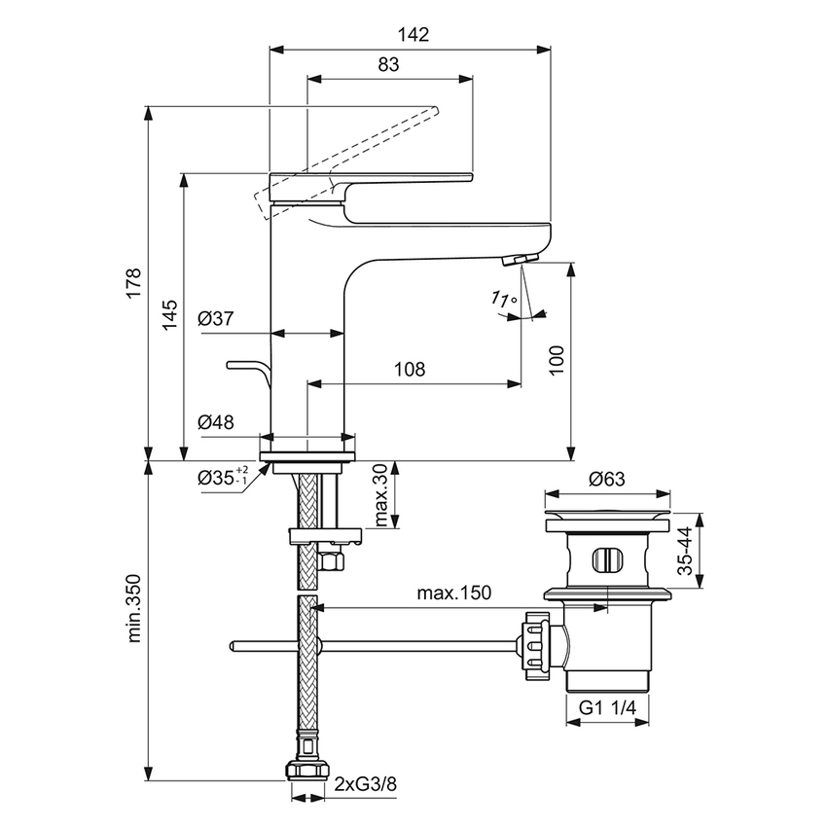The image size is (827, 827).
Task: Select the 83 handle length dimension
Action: click(388, 65)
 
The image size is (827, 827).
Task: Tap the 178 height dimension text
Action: click(132, 283)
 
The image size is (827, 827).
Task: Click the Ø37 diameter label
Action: click(215, 319)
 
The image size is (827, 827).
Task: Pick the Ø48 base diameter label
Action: click(215, 421)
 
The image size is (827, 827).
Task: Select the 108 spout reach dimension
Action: click(410, 370)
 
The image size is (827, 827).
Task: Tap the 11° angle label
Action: click(504, 301)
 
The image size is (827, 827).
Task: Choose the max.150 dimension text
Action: click(453, 592)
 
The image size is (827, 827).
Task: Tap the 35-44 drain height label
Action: click(686, 552)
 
